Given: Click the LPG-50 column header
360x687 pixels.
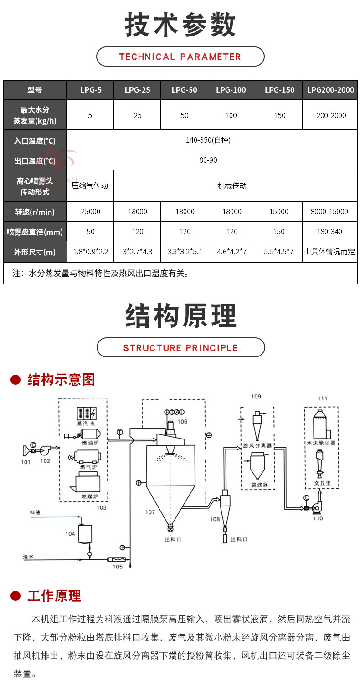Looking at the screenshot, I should tap(184, 90).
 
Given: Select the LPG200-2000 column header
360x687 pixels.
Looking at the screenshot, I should tap(330, 90).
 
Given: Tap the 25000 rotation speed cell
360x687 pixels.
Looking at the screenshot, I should tap(90, 212).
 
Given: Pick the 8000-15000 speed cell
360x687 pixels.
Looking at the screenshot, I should tap(330, 212).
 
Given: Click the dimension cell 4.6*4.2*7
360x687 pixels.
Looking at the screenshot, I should tap(231, 252).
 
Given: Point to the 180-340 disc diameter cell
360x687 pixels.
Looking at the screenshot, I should tap(329, 232).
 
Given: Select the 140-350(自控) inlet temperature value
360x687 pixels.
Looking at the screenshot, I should tap(208, 140).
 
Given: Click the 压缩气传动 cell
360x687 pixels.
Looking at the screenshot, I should tap(90, 186).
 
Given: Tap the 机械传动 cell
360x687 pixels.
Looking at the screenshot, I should tap(231, 186).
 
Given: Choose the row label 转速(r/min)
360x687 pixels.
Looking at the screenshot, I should tap(35, 212).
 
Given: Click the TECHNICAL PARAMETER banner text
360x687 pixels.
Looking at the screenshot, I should tap(180, 57).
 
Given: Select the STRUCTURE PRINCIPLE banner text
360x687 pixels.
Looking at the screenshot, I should tap(180, 348).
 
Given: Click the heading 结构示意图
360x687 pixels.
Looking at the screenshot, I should tap(61, 379).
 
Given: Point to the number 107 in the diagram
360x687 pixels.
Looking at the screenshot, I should tap(150, 512).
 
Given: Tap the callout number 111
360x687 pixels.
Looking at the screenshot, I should tap(322, 398).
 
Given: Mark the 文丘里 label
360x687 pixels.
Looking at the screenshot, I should tap(322, 482).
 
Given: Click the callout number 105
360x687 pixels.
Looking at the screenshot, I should tap(118, 567).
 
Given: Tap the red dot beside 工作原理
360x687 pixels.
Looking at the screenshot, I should tap(16, 595).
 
